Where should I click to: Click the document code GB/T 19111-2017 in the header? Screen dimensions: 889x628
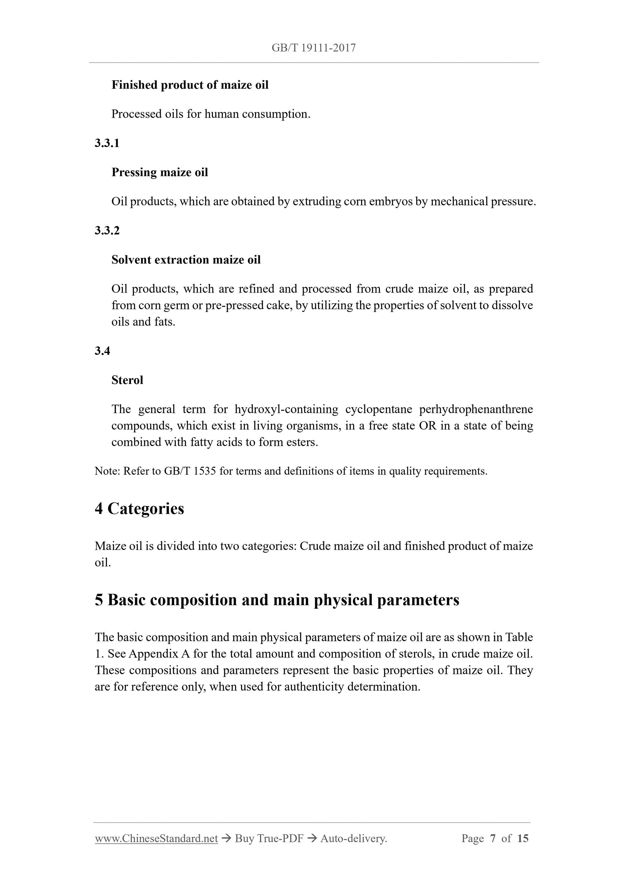tap(313, 48)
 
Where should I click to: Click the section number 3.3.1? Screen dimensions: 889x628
tap(107, 143)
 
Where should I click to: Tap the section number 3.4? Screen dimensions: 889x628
tap(103, 351)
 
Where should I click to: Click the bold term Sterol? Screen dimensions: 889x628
tap(127, 380)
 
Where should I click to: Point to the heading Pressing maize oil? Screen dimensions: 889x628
tap(159, 172)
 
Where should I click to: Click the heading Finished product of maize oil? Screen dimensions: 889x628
tap(190, 85)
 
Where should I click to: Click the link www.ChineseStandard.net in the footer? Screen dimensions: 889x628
tap(156, 838)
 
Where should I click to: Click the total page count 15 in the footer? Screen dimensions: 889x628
tap(522, 838)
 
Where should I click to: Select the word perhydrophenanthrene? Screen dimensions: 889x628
tap(476, 409)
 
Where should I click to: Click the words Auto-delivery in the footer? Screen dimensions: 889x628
tap(354, 838)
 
